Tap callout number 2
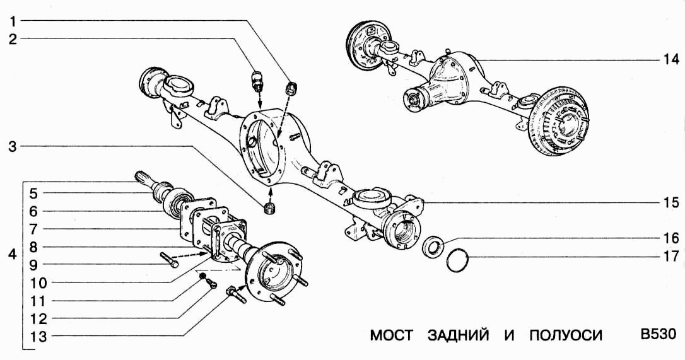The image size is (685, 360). click(x=13, y=39)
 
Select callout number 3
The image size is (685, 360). click(x=13, y=146)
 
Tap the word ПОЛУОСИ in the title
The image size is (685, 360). click(x=561, y=335)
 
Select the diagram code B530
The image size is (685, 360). click(x=658, y=334)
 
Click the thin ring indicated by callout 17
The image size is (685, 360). click(x=458, y=260)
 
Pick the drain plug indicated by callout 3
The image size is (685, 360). click(x=270, y=207)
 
